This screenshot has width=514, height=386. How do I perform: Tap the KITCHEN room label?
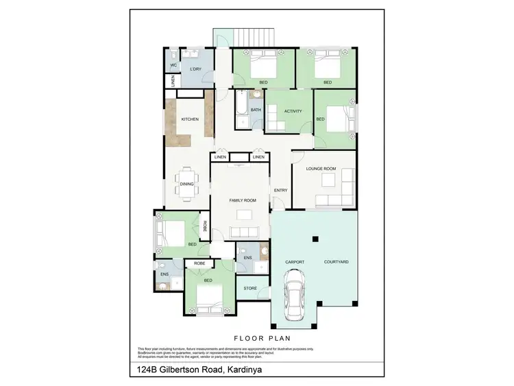click(x=190, y=119)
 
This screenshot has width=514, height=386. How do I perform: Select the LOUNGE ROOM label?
click(x=321, y=169)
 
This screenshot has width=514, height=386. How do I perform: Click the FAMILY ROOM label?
click(x=243, y=200)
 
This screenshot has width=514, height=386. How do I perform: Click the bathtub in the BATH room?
click(x=241, y=111)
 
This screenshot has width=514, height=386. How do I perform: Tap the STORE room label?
click(x=250, y=288)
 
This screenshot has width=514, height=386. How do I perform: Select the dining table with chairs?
click(x=186, y=183)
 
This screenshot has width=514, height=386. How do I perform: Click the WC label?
click(x=173, y=66)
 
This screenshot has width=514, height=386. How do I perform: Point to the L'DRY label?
click(x=195, y=69)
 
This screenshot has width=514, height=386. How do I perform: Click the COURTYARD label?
click(x=336, y=262)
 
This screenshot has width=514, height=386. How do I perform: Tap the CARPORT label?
click(x=295, y=262)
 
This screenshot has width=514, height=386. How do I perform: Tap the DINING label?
click(x=186, y=184)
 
